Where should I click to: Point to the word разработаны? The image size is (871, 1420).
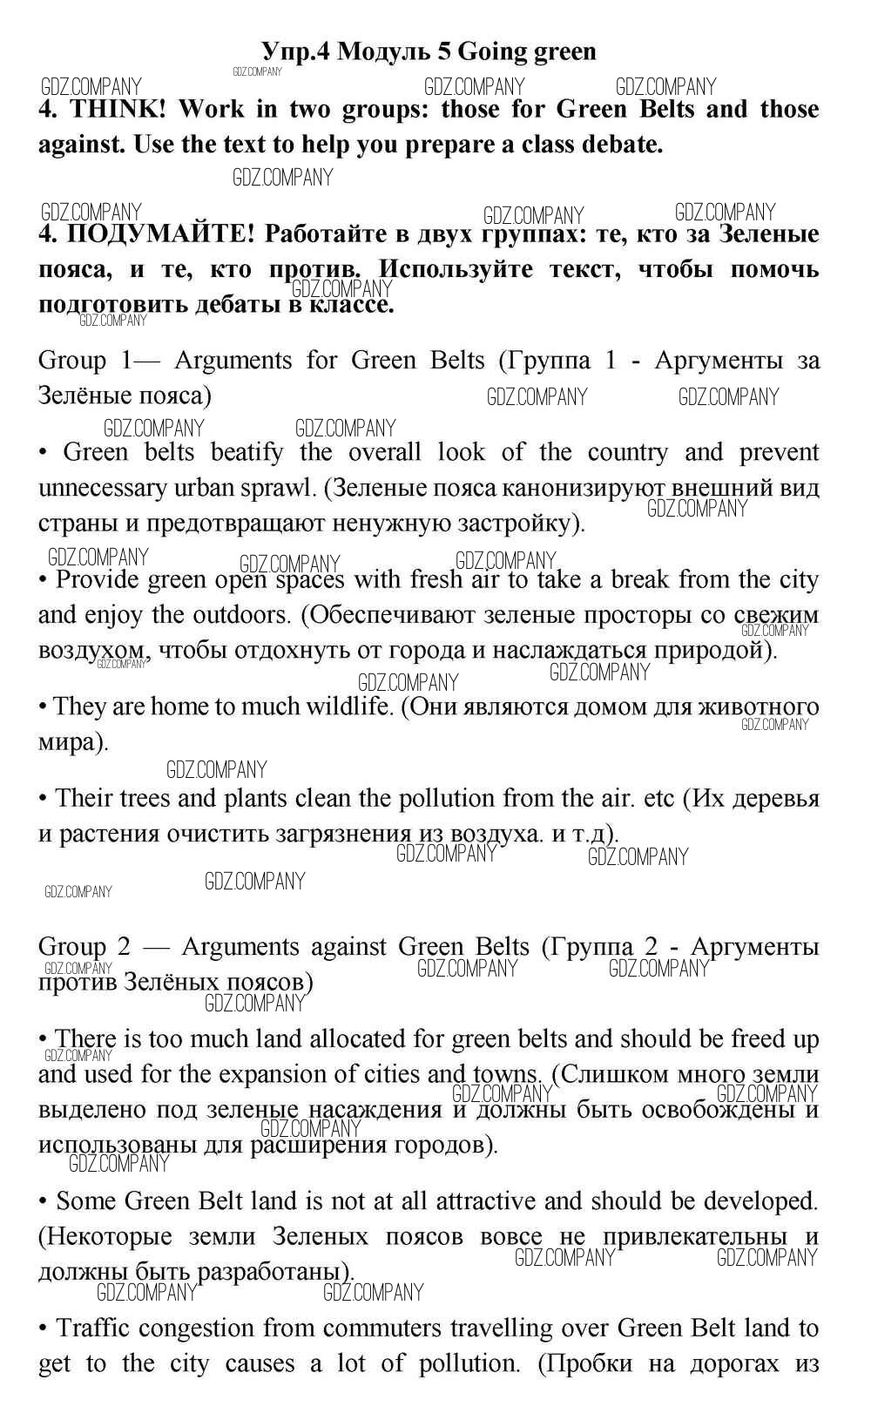[274, 1272]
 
